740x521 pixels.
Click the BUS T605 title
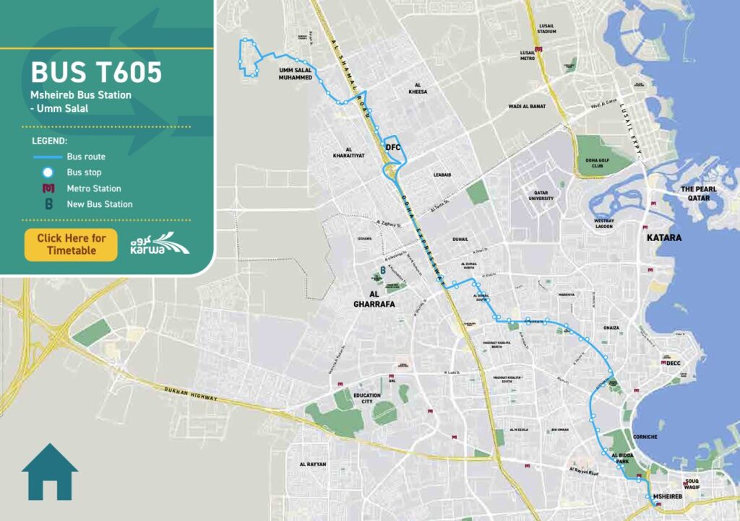tap(96, 73)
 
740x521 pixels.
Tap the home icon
tap(50, 472)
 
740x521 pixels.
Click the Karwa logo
tap(160, 244)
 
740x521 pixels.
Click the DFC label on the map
tap(393, 147)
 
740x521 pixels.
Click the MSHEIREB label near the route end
tap(667, 497)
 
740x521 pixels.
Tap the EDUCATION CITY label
tap(367, 398)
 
